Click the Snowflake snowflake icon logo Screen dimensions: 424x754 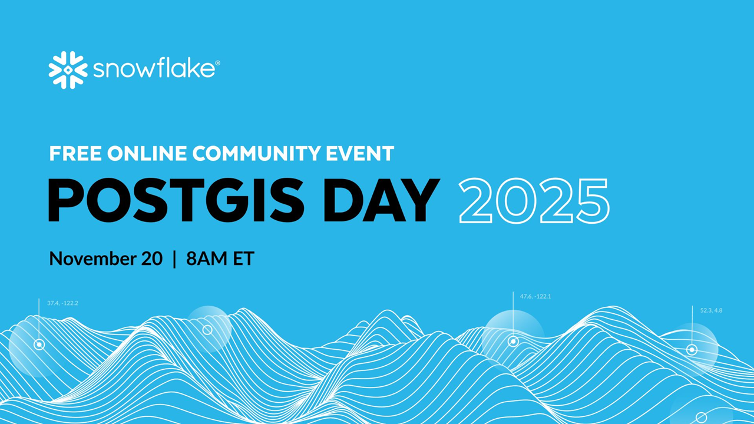click(x=68, y=70)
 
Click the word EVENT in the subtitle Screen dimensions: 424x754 click(x=364, y=154)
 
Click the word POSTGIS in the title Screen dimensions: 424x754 click(x=176, y=200)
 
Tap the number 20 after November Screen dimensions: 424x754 click(x=153, y=259)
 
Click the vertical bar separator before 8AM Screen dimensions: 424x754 click(x=174, y=259)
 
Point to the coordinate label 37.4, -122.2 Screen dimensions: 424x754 click(x=62, y=303)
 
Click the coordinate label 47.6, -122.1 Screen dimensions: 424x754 click(x=535, y=296)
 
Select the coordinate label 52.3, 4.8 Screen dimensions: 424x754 click(x=711, y=310)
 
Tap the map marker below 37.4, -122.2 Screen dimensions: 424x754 click(x=39, y=344)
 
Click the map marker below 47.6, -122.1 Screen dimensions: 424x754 click(x=513, y=342)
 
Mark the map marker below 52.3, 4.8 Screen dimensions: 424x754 click(x=692, y=350)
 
